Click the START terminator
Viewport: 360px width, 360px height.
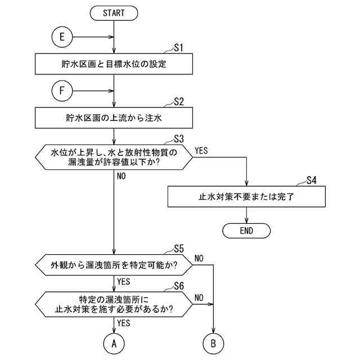point(114,12)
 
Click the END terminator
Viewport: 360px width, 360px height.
point(246,230)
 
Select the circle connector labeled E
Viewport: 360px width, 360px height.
point(62,38)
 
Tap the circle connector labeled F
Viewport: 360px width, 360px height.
point(62,90)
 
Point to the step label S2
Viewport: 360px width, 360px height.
point(179,102)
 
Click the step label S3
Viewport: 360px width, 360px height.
point(179,138)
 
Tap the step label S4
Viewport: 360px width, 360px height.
point(312,181)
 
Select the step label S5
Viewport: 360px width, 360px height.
point(179,248)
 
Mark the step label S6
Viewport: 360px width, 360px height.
point(179,285)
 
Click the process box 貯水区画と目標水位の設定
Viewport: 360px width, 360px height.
point(114,64)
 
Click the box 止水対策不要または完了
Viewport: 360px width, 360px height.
point(246,197)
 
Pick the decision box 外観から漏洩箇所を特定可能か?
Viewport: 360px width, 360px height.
point(114,263)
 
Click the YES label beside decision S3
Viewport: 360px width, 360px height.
point(201,151)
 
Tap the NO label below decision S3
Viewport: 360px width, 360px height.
point(121,176)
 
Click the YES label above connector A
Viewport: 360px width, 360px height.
point(124,323)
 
